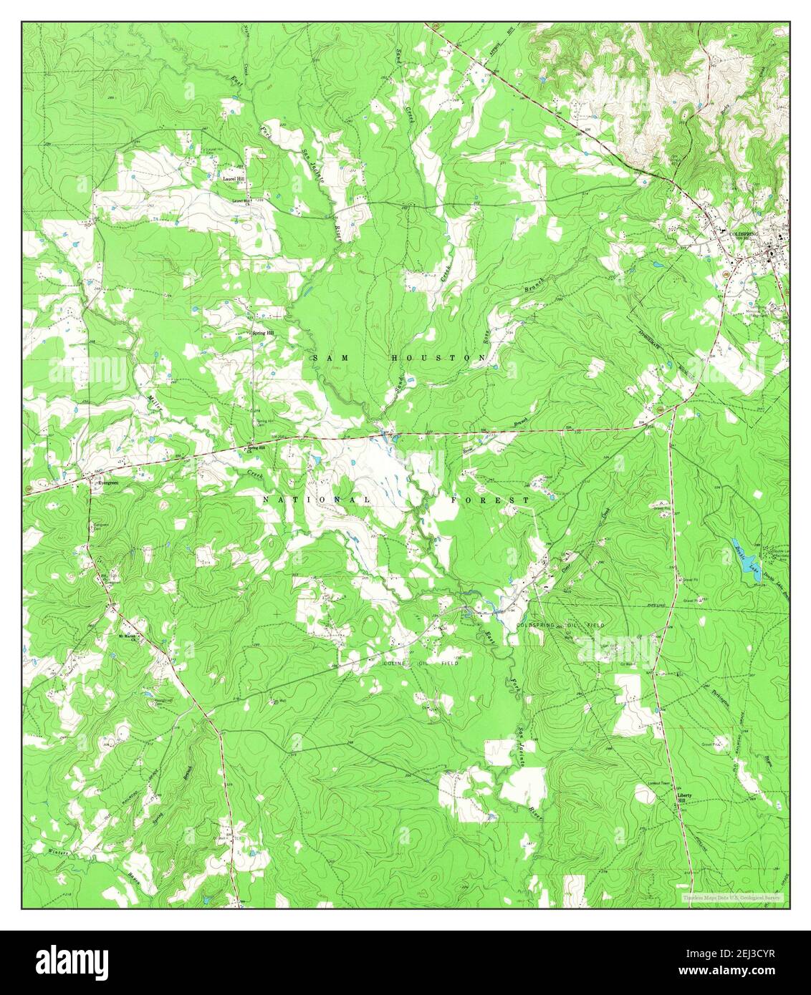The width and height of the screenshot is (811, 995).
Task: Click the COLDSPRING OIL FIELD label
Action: (x=560, y=625)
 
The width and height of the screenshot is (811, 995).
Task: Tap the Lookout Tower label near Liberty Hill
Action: (x=656, y=784)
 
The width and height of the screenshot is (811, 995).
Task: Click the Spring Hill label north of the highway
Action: (x=263, y=334)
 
